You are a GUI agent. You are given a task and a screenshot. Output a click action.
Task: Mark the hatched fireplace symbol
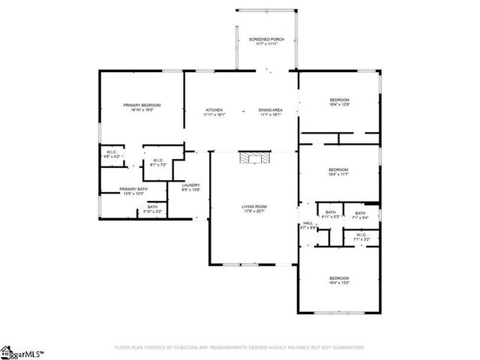click(253, 157)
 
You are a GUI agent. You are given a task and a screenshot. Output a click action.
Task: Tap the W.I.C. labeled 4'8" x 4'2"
click(111, 154)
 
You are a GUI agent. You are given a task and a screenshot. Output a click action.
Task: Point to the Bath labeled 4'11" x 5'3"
click(331, 213)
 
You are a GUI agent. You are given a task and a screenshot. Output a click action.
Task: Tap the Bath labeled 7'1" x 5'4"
click(360, 213)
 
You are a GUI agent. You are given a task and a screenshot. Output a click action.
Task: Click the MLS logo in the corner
click(22, 351)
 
